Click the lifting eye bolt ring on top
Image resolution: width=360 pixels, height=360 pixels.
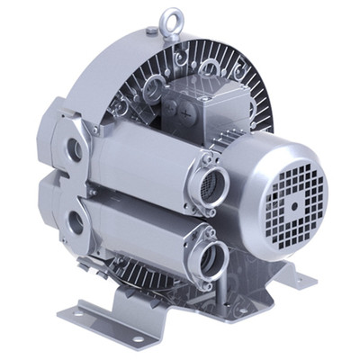[168, 17]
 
